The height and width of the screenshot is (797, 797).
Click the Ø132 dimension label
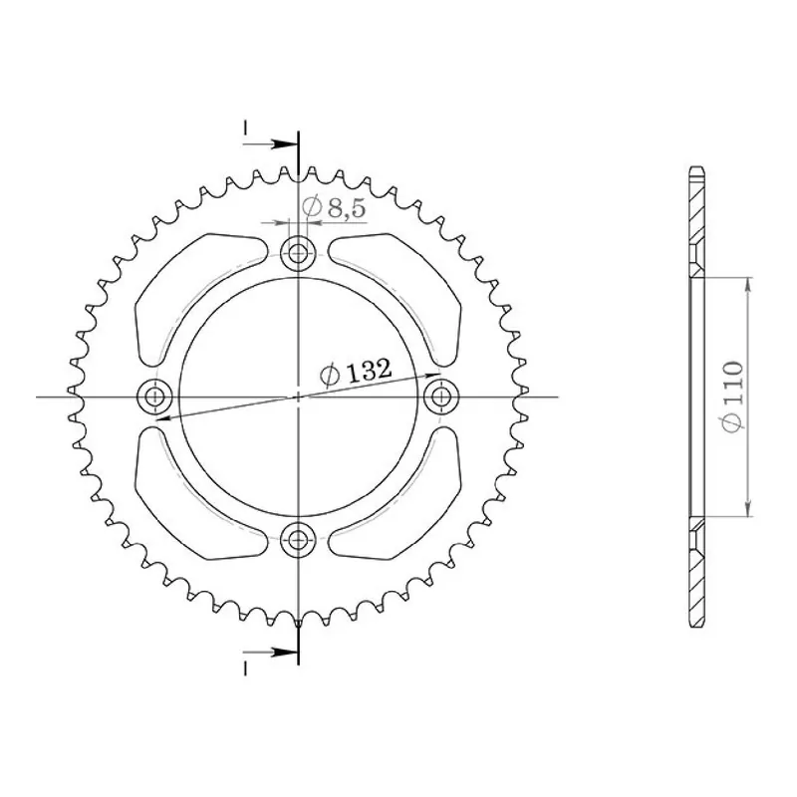coord(356,372)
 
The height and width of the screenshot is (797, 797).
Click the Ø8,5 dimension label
coord(334,207)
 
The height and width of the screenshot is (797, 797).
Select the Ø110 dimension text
coord(732,397)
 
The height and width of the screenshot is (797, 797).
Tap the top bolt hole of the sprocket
coord(298,252)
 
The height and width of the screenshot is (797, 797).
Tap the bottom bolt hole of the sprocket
coord(298,539)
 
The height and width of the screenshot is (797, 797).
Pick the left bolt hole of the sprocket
coord(154,396)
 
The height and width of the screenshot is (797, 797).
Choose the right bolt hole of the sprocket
coord(441,396)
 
